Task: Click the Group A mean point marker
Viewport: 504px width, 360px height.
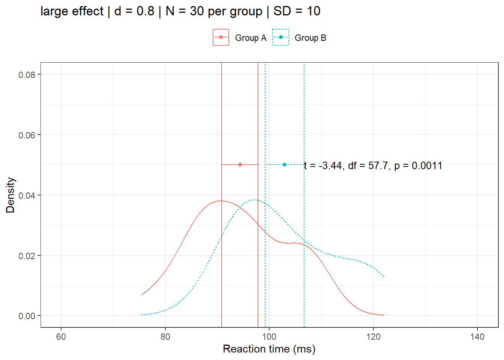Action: tap(240, 165)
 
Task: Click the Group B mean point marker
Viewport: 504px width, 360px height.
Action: tap(285, 165)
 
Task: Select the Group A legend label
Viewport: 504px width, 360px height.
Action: tap(250, 38)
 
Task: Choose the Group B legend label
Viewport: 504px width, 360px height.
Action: tap(310, 38)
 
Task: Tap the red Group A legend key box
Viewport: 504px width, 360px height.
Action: tap(221, 37)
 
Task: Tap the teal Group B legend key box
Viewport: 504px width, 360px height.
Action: tap(280, 37)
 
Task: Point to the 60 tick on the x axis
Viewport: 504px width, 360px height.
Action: tap(61, 337)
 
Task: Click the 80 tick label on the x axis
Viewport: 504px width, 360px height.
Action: tap(165, 337)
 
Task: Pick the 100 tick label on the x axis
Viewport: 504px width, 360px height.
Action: tap(269, 337)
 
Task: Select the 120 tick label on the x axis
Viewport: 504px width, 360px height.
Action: tap(373, 337)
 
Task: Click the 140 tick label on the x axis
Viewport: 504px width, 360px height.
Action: tap(477, 337)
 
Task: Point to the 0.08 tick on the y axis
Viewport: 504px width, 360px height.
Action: tap(27, 75)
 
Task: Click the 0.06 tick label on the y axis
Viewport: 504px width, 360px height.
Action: tap(27, 135)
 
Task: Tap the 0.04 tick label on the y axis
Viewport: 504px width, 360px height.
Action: tap(27, 195)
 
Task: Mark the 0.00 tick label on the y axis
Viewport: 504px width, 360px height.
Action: tap(27, 316)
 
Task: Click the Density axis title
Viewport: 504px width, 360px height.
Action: tap(10, 195)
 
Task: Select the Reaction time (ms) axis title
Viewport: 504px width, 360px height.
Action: tap(269, 349)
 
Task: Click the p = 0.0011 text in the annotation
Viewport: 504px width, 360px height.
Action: tap(418, 166)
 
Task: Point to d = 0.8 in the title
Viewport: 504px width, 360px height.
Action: tap(134, 11)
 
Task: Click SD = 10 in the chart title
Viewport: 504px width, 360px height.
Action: tap(297, 11)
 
